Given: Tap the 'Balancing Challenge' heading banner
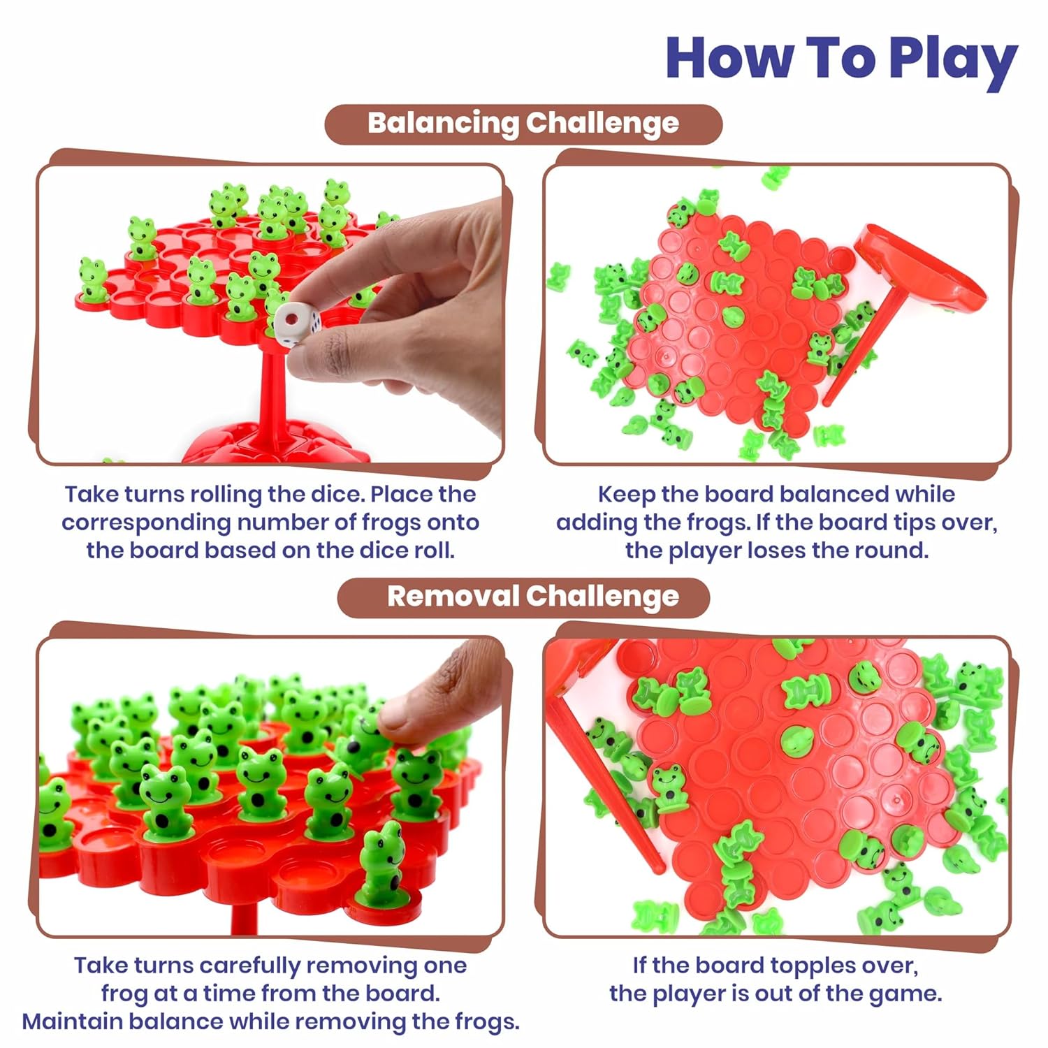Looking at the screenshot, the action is [523, 124].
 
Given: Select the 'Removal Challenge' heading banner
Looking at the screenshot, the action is [523, 597].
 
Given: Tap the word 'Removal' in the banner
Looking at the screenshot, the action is [453, 596].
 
